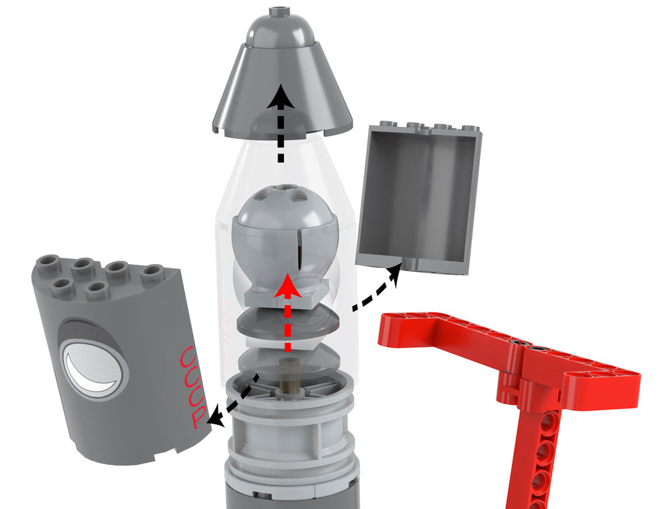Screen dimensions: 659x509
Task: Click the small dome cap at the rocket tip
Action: (280, 26)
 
